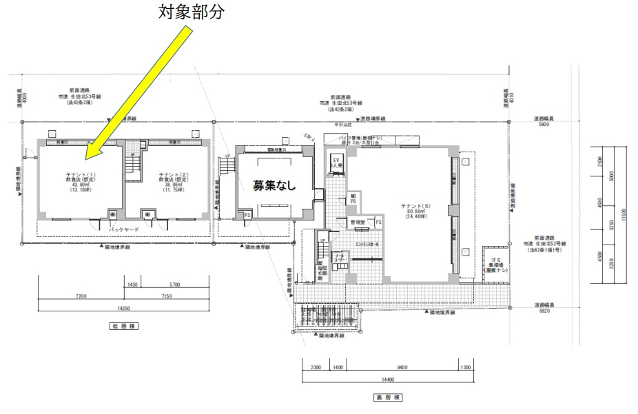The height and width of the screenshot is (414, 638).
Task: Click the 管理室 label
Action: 357,222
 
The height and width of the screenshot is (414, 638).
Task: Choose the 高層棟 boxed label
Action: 387,397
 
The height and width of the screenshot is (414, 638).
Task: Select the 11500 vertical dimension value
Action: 624,211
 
